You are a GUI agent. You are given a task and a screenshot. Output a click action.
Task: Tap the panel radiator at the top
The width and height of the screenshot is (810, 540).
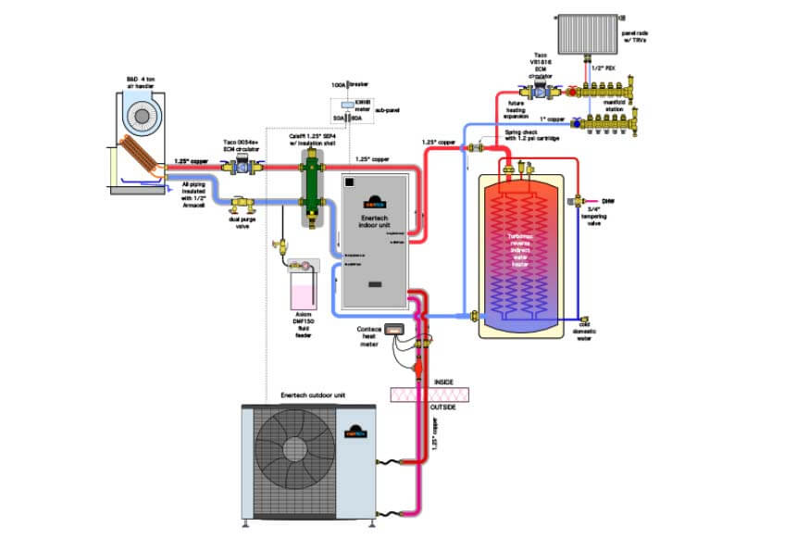click(x=591, y=27)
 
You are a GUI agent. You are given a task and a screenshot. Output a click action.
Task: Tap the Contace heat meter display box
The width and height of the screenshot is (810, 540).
click(x=396, y=330)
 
